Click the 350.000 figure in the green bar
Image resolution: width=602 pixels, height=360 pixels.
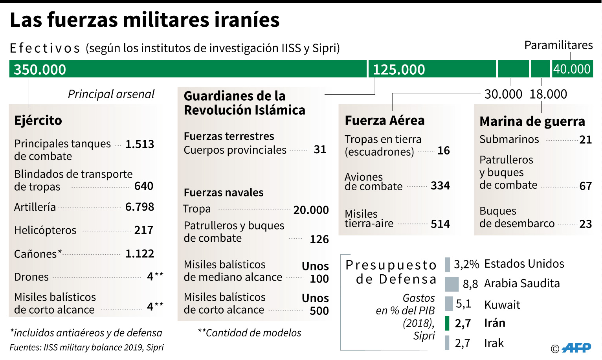pos(40,70)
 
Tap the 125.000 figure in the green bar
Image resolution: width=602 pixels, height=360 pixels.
pos(398,70)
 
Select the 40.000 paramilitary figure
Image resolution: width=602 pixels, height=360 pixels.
pos(572,69)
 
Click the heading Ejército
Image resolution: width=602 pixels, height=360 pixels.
pos(38,120)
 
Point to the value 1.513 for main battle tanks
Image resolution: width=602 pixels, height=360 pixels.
pos(139,144)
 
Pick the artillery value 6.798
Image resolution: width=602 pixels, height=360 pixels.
pos(139,207)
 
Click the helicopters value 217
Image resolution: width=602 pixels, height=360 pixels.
pos(143,230)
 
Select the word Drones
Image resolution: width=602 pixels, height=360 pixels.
pos(31,277)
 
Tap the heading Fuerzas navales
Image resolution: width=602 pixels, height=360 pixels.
pos(224,193)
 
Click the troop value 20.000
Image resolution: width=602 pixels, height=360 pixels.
pos(311,210)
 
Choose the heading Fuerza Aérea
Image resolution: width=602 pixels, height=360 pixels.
pos(384,120)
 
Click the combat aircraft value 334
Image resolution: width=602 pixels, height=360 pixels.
pos(440,186)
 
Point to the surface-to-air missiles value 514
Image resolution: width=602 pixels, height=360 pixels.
pos(440,224)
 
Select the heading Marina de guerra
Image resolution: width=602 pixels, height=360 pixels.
pos(532,121)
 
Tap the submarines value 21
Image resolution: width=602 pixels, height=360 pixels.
pos(585,140)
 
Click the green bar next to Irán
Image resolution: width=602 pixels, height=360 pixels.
pos(447,323)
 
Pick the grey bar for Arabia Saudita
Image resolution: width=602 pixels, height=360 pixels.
pos(452,284)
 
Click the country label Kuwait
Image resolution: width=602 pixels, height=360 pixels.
pos(502,305)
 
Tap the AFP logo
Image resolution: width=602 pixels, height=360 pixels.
pos(576,348)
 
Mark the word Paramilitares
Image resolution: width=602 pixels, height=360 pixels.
pos(558,45)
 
